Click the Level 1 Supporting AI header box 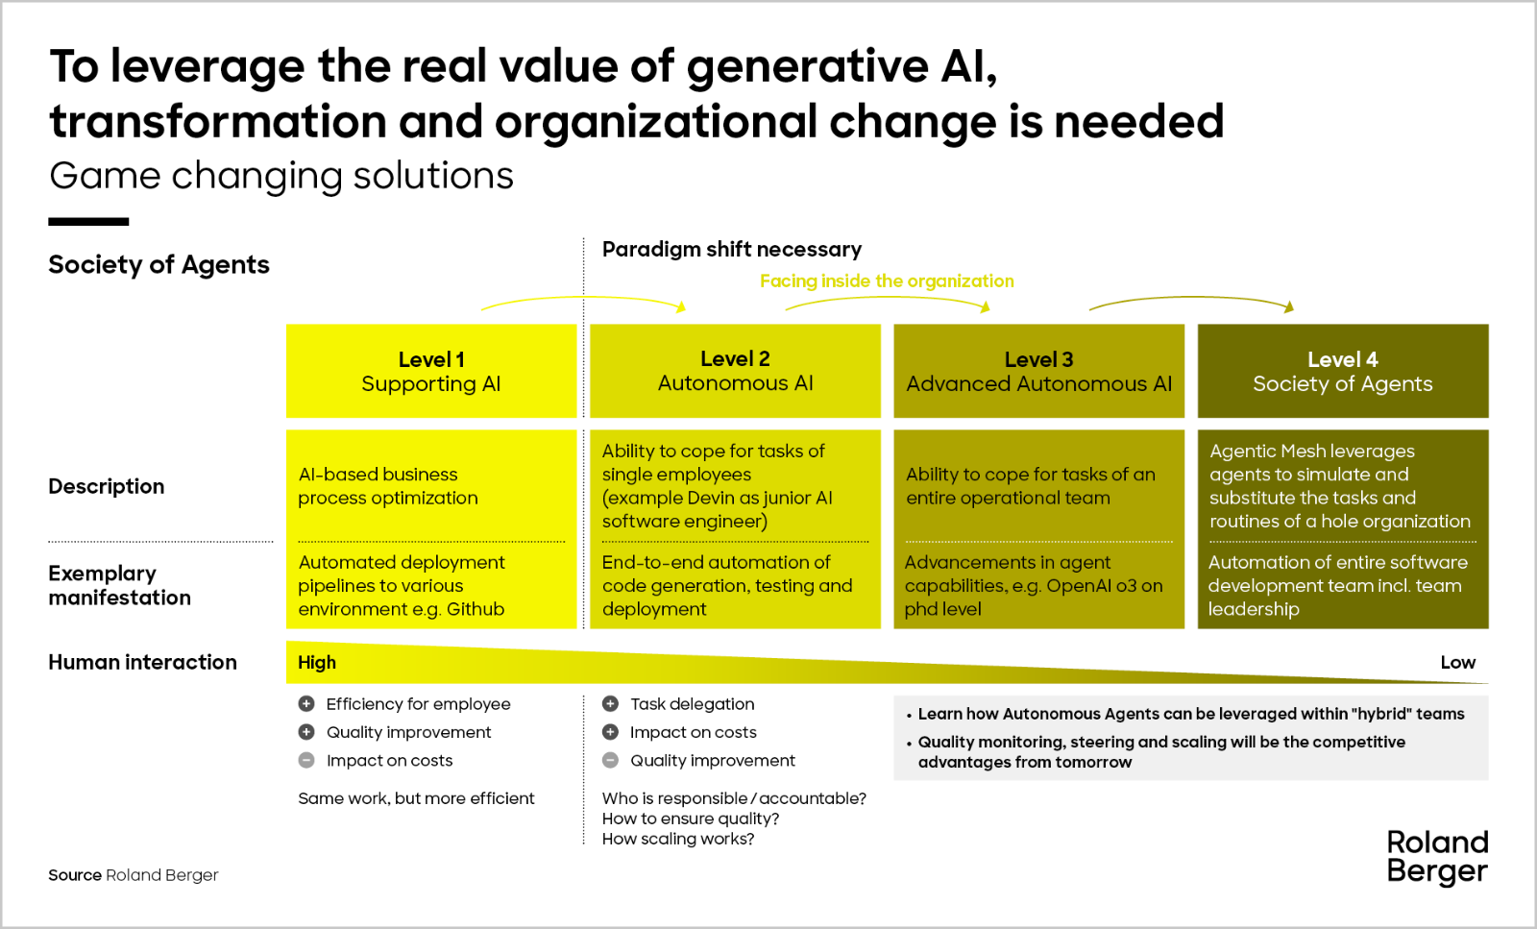click(431, 371)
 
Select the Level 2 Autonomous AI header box click(735, 371)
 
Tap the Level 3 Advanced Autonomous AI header click(1038, 371)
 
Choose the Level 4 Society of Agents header click(1343, 371)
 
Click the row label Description click(107, 486)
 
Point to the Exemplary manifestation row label click(119, 585)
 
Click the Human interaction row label click(143, 662)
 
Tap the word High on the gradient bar click(317, 662)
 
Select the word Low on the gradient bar click(1458, 662)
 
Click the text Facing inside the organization click(887, 281)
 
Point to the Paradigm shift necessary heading click(731, 249)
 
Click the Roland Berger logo click(1437, 857)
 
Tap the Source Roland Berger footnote click(134, 875)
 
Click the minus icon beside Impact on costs click(306, 760)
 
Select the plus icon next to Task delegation click(610, 703)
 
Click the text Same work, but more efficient click(416, 798)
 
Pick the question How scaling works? click(678, 839)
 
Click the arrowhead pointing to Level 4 click(1289, 306)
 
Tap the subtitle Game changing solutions click(281, 176)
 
